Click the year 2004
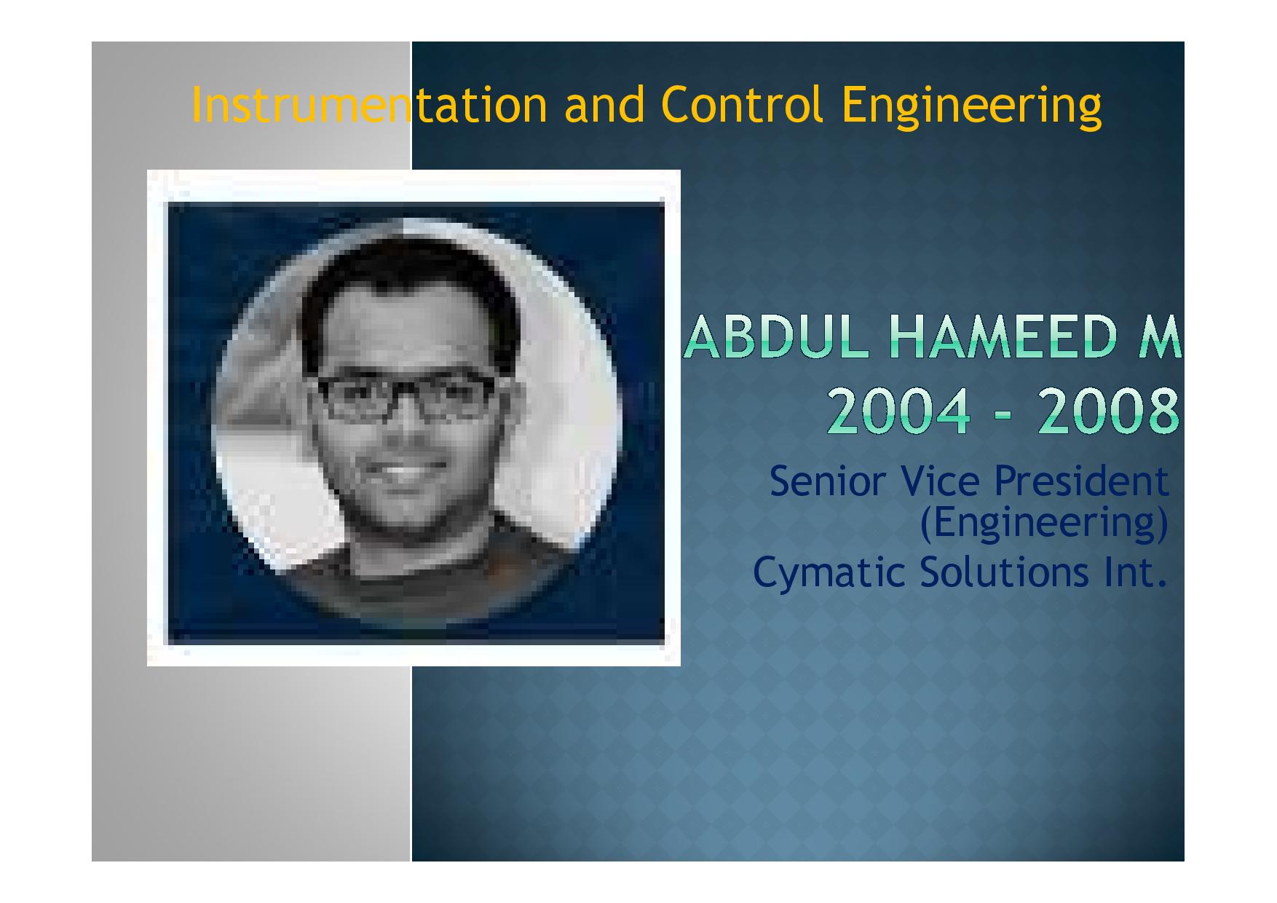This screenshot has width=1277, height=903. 900,411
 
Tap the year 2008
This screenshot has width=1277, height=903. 1108,411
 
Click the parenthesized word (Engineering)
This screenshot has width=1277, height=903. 1044,524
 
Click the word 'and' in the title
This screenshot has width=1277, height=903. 604,104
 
